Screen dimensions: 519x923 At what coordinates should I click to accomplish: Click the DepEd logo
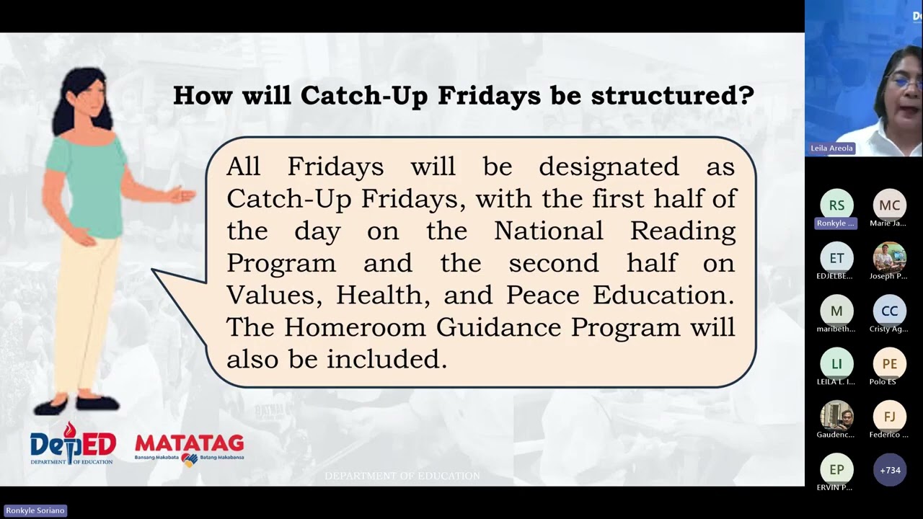pos(72,443)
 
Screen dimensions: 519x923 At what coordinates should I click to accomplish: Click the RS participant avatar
pos(836,205)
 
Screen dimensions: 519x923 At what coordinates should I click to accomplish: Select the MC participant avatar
pos(889,205)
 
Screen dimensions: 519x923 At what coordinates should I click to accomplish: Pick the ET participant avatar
pos(836,258)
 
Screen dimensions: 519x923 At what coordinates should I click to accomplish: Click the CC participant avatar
pos(889,311)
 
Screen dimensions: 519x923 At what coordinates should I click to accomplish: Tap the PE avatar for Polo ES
pos(889,364)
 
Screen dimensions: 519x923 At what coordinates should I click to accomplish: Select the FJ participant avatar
pos(889,417)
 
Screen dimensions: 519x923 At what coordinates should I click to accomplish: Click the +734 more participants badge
pos(889,470)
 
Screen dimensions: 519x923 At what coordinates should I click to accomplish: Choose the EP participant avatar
pos(836,470)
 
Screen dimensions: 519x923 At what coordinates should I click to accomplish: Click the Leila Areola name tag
pos(831,148)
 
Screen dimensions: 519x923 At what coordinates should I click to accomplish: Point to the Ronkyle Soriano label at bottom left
pos(35,510)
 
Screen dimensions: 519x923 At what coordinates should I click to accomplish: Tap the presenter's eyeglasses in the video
pos(906,83)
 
